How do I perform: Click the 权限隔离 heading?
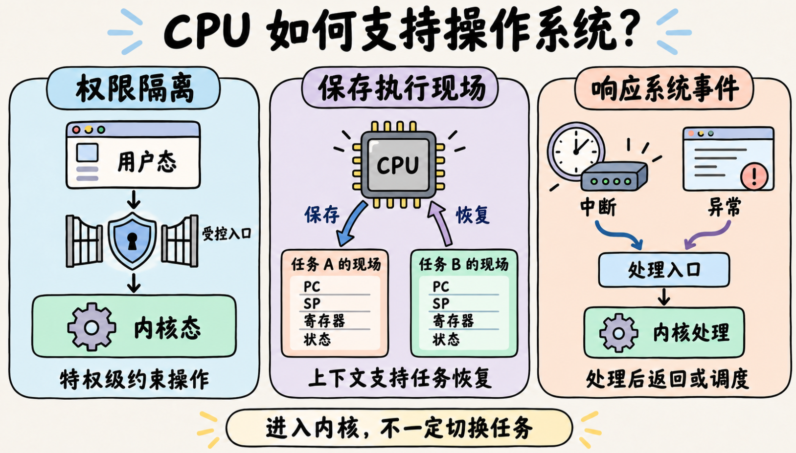pos(135,88)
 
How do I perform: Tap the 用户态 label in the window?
pos(147,162)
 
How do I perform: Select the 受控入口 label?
pos(227,233)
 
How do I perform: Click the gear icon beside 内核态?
pos(91,327)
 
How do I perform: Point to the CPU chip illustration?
pos(398,164)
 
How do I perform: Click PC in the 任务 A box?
pos(312,286)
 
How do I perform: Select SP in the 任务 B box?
pos(441,303)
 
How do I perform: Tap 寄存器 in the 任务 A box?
pos(324,321)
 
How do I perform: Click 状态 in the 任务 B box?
pos(446,339)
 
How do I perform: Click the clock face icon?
pos(576,151)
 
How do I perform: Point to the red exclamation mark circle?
pos(754,176)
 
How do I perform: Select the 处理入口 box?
pos(664,270)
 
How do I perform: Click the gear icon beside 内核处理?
pos(618,333)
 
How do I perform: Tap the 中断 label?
pos(598,207)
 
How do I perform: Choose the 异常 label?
pos(724,207)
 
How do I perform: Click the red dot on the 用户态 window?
pos(76,130)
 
